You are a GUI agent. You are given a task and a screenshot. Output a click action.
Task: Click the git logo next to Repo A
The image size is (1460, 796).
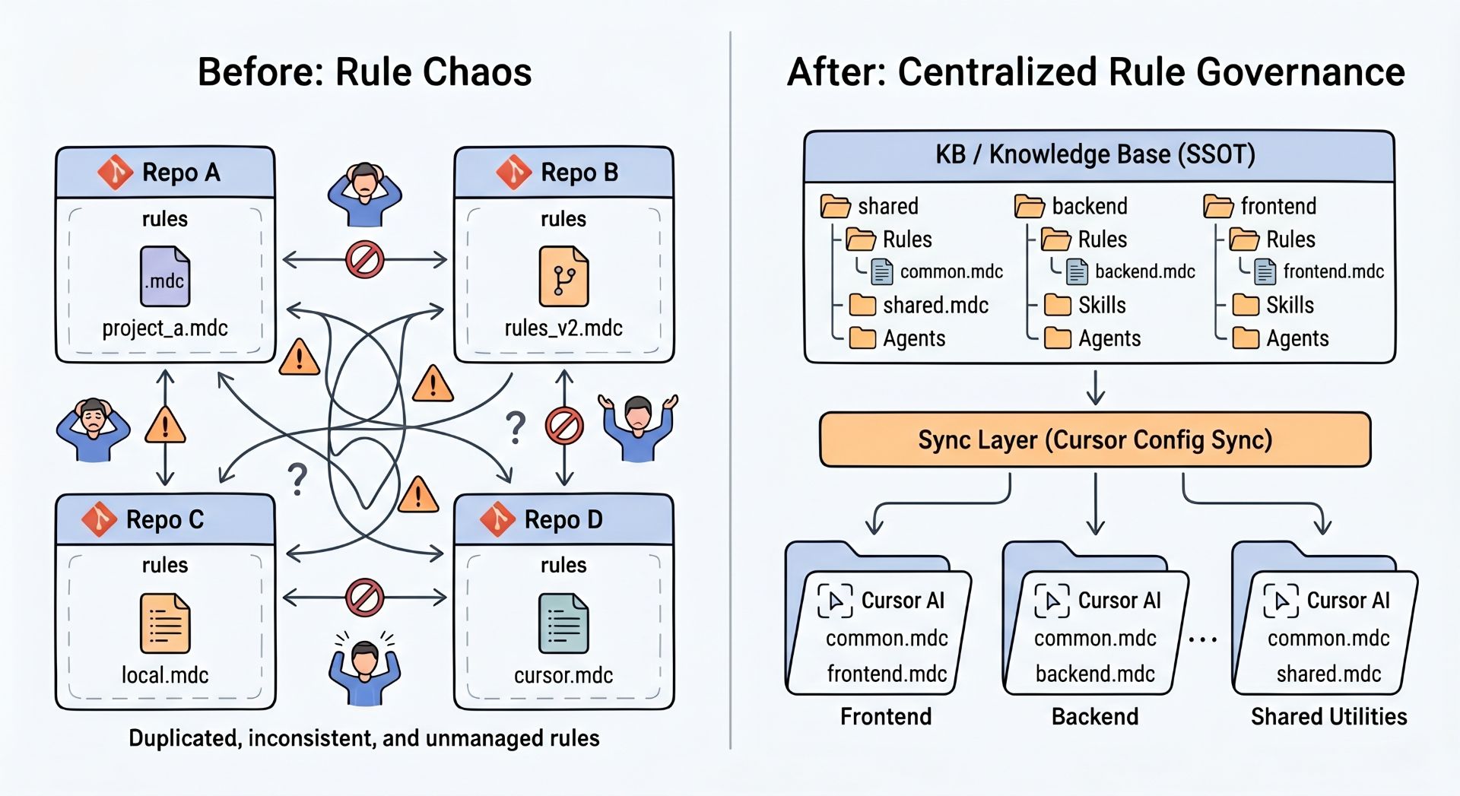pos(115,172)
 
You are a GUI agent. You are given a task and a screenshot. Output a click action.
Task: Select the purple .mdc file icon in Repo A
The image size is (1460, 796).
pos(165,277)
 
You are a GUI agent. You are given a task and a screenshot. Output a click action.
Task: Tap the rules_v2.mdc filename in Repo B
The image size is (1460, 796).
pos(563,328)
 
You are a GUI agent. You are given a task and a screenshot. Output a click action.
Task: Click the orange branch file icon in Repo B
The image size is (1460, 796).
pos(563,277)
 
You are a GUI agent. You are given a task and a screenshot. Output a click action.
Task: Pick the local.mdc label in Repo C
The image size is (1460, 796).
pos(165,675)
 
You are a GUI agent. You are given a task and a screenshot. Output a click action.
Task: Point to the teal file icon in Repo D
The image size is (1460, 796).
pos(563,624)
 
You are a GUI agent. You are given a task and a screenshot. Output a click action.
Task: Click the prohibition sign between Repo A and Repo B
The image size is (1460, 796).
pos(365,260)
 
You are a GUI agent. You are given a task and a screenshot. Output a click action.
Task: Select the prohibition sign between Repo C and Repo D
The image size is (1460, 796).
pos(365,598)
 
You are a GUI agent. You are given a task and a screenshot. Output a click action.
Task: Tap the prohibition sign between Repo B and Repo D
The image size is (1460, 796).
pos(564,426)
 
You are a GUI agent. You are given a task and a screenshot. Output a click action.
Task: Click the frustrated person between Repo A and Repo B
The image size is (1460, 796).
pos(365,194)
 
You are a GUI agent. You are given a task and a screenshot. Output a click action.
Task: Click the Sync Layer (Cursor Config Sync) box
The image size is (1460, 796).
pos(1095,439)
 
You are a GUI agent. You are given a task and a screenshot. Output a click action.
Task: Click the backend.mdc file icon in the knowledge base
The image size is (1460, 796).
pos(1078,271)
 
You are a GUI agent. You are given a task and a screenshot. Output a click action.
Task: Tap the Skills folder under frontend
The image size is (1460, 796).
pos(1246,305)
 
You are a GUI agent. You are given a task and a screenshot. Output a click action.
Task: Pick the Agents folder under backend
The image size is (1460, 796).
pos(1058,338)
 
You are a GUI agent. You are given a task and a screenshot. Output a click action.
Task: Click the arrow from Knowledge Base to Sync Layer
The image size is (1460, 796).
pos(1096,388)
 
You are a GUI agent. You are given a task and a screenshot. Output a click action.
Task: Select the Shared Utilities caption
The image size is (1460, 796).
pos(1328,716)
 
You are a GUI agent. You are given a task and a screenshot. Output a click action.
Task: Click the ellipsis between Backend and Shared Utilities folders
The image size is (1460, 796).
pos(1203,640)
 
